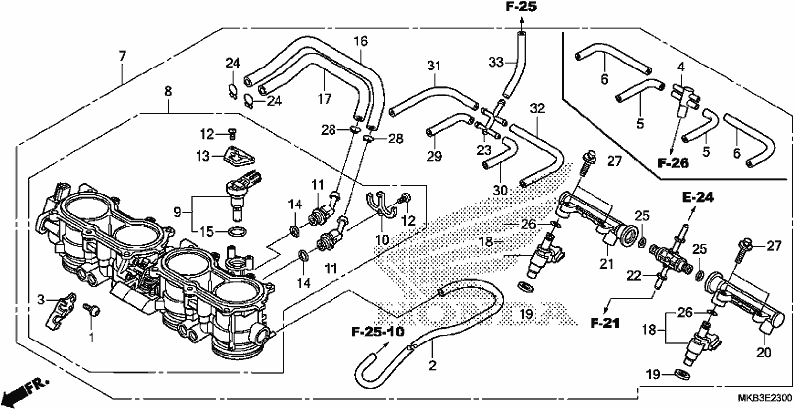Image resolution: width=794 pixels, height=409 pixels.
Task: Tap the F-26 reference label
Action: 673,163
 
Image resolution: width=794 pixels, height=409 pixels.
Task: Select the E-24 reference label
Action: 698,198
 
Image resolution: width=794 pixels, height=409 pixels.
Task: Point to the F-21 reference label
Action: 605,322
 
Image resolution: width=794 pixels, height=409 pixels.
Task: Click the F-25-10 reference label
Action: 378,332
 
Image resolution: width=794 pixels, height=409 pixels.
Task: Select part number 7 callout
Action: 121,57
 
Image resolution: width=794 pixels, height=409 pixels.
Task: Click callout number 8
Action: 168,91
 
